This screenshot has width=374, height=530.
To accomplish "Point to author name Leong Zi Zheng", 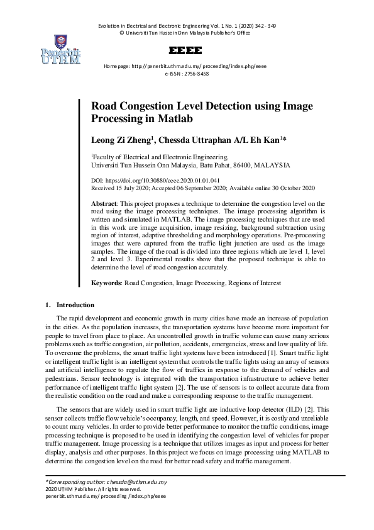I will point(121,140).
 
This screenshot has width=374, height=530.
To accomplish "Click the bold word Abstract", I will point(104,204).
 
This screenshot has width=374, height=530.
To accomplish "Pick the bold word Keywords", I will point(106,284).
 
